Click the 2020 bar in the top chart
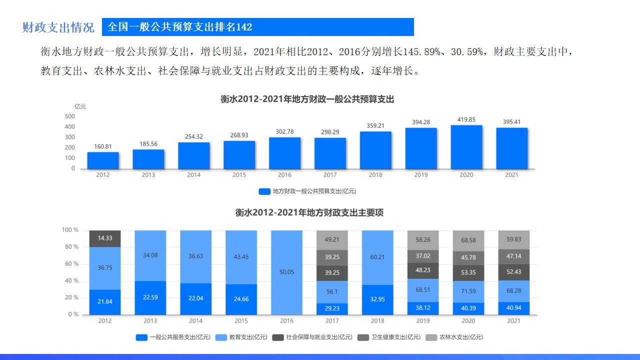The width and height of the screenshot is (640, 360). click(466, 147)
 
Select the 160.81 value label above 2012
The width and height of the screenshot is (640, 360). click(103, 147)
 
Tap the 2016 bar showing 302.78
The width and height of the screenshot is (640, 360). click(284, 153)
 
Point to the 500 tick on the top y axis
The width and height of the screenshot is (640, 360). click(70, 116)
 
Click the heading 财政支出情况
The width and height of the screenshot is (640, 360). click(58, 27)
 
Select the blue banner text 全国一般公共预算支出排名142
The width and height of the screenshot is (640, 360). click(180, 27)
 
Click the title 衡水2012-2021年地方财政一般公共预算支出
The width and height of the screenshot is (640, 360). click(307, 99)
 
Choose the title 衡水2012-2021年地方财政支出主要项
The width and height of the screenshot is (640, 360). click(309, 212)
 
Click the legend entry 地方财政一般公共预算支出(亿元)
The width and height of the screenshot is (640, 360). click(307, 191)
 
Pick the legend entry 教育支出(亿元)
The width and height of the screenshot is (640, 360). click(242, 337)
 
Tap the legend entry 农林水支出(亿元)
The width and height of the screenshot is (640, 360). click(454, 337)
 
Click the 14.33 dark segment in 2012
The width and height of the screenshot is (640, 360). click(105, 238)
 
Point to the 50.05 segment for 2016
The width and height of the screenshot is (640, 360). click(286, 272)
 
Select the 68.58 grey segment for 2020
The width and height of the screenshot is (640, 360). click(468, 240)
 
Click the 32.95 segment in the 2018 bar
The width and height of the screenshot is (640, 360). click(377, 299)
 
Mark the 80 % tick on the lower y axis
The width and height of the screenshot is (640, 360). click(70, 247)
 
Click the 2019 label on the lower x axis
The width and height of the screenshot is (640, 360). click(422, 321)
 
